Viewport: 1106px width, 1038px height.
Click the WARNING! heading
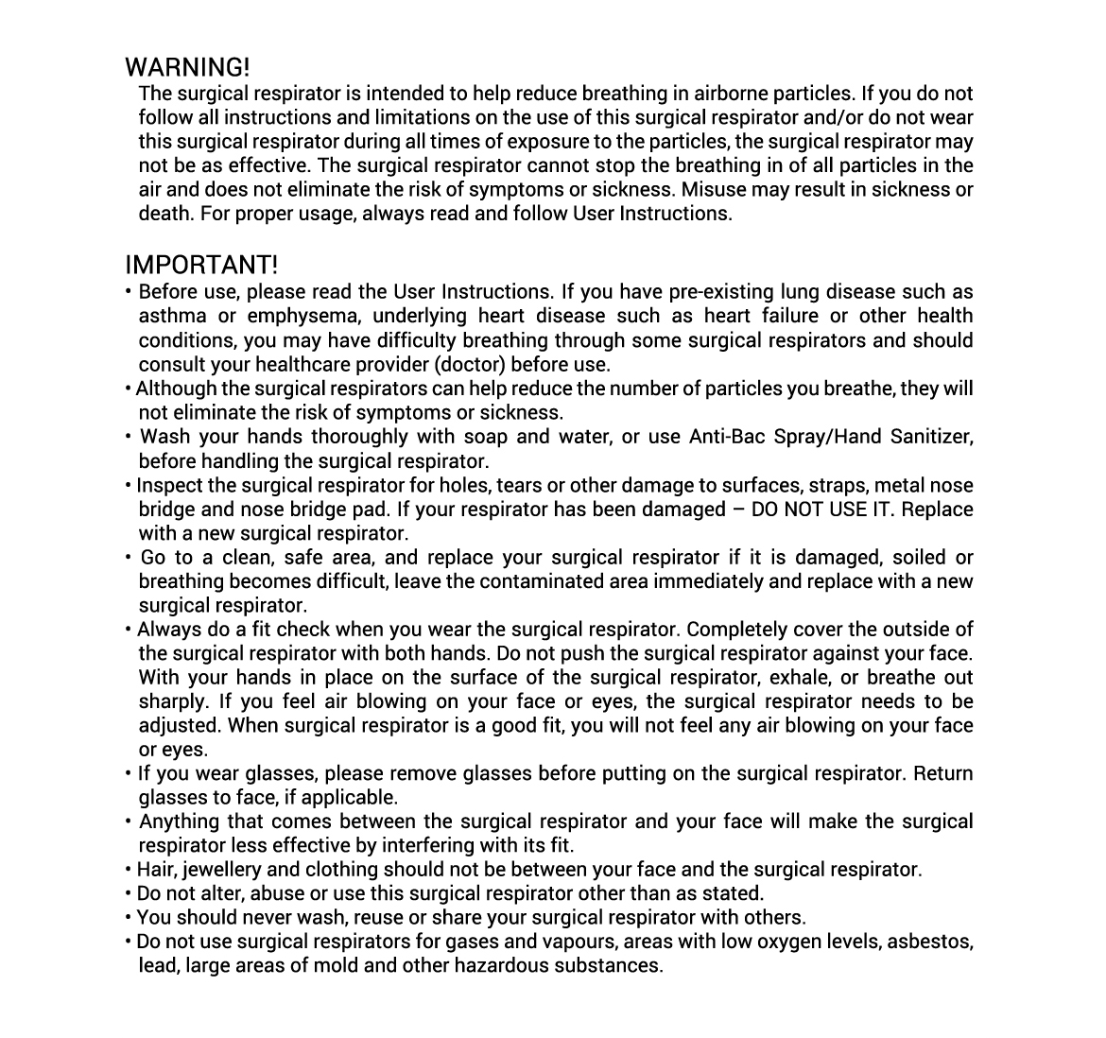pyautogui.click(x=187, y=68)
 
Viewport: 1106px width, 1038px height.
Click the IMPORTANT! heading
pyautogui.click(x=201, y=264)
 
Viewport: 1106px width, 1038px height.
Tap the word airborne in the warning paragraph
pyautogui.click(x=732, y=94)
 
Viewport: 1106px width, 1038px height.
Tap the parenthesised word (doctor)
pyautogui.click(x=468, y=365)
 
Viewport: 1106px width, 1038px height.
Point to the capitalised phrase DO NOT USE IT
pyautogui.click(x=818, y=510)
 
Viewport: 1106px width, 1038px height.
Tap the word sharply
pyautogui.click(x=172, y=702)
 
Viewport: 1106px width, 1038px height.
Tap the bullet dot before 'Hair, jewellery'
pyautogui.click(x=129, y=870)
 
